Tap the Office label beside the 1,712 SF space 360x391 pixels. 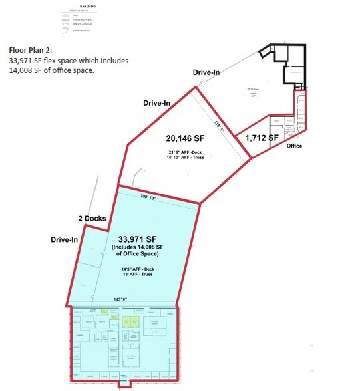[x=295, y=145]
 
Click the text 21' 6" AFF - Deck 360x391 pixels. [x=186, y=154]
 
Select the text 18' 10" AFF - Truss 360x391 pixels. [x=187, y=160]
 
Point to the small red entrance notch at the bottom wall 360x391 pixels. [x=123, y=384]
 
